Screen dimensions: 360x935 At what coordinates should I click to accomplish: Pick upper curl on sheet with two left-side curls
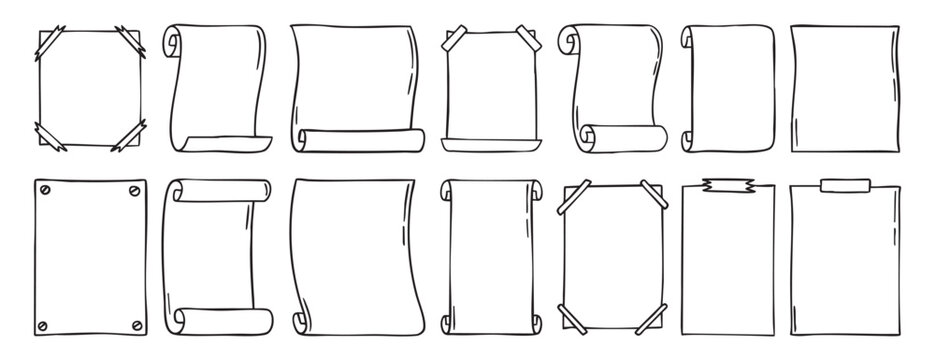(x=687, y=37)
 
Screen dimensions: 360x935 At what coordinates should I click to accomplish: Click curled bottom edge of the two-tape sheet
(x=490, y=142)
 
